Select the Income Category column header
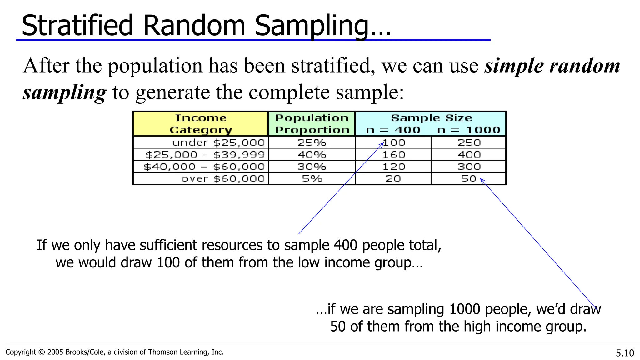(201, 124)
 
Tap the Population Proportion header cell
(312, 124)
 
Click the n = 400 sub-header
(393, 130)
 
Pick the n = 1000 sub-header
(469, 130)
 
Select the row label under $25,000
(218, 143)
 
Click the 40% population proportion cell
(312, 155)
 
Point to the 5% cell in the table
(312, 179)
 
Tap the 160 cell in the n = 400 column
(394, 155)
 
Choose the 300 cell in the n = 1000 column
(469, 167)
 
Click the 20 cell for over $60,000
(393, 179)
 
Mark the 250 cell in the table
(469, 143)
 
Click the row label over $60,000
(223, 179)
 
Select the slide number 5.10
(625, 353)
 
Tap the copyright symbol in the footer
(41, 352)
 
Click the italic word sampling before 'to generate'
(64, 92)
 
